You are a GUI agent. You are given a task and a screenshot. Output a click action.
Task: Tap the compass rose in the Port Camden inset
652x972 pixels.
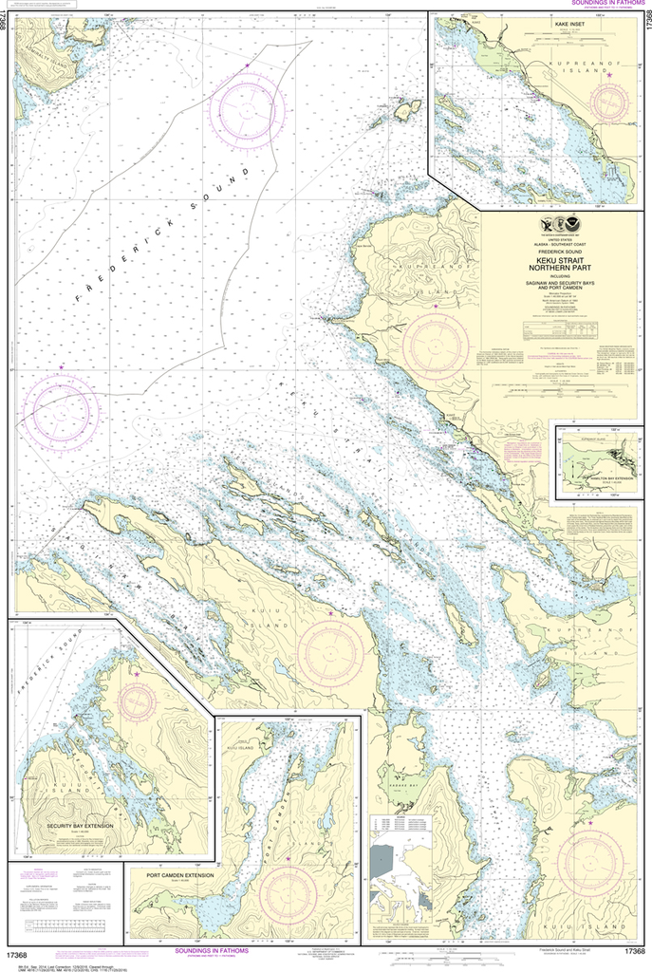coord(288,888)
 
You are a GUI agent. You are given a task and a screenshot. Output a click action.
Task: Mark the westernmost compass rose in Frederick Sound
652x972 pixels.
coord(62,410)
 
